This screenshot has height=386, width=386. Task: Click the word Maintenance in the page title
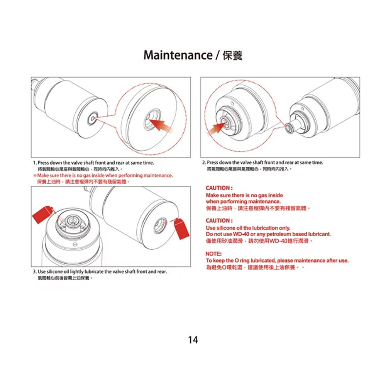pyautogui.click(x=178, y=55)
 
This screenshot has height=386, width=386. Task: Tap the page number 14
pyautogui.click(x=193, y=340)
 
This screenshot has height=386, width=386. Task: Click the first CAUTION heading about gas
pyautogui.click(x=219, y=188)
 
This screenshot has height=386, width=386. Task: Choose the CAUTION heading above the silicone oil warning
pyautogui.click(x=219, y=221)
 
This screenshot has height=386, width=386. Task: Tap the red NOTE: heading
pyautogui.click(x=214, y=254)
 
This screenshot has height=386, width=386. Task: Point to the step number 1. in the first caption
pyautogui.click(x=35, y=163)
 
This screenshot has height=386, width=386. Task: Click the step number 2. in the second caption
pyautogui.click(x=204, y=163)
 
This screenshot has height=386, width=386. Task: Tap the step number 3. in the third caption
pyautogui.click(x=35, y=272)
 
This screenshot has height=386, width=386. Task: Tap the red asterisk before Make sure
pyautogui.click(x=34, y=176)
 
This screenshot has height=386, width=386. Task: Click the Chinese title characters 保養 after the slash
pyautogui.click(x=232, y=55)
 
